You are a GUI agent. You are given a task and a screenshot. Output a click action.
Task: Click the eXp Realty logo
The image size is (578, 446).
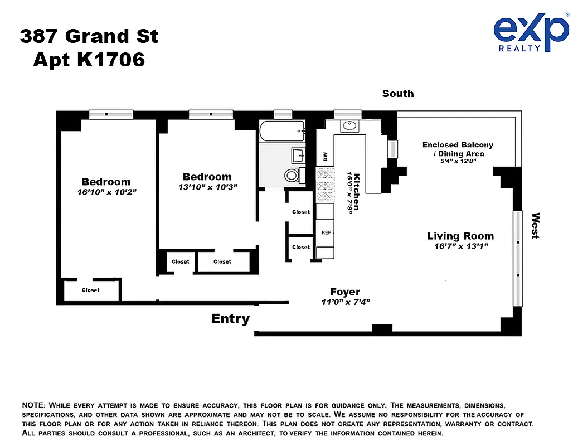point(531,33)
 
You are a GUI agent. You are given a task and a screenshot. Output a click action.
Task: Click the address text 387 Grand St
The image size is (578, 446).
point(89,37)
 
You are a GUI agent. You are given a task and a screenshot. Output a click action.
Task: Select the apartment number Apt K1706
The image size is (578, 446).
point(89,59)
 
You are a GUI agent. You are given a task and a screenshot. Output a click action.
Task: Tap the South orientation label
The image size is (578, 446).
point(398,94)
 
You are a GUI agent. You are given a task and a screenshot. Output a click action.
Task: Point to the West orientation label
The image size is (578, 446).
point(535,226)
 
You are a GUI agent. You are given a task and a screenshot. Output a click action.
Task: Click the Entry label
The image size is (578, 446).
point(230,319)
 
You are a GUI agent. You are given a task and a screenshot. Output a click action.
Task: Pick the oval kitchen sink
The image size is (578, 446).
point(349,125)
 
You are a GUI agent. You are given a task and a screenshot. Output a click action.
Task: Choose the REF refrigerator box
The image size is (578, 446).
point(326,232)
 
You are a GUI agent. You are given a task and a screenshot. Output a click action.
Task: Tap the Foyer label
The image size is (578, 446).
point(345,292)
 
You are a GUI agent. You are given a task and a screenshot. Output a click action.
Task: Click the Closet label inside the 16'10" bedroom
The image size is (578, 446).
point(90,290)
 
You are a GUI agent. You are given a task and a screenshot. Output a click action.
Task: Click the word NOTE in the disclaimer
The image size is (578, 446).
point(34,404)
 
